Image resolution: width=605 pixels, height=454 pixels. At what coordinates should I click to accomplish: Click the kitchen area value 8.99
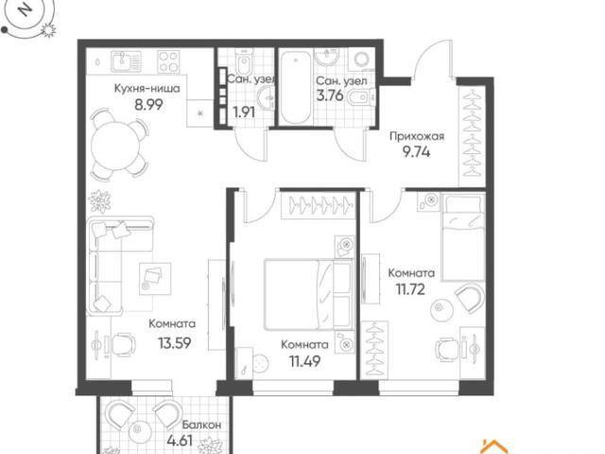pyautogui.click(x=148, y=104)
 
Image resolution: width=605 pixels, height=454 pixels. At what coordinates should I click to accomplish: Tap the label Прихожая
pyautogui.click(x=417, y=136)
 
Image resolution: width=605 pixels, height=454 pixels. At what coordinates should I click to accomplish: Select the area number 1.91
pyautogui.click(x=244, y=113)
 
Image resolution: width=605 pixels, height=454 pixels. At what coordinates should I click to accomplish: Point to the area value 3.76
pyautogui.click(x=330, y=95)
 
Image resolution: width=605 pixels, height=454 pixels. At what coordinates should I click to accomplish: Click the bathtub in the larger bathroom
pyautogui.click(x=296, y=87)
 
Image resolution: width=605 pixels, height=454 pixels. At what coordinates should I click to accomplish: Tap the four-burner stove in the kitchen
pyautogui.click(x=168, y=61)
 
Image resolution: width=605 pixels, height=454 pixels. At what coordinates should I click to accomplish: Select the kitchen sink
pyautogui.click(x=126, y=61)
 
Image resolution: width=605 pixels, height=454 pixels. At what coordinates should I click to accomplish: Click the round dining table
pyautogui.click(x=114, y=146)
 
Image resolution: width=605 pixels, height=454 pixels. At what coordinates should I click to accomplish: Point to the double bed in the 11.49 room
pyautogui.click(x=308, y=294)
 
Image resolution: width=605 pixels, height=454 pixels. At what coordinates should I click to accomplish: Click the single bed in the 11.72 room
pyautogui.click(x=463, y=237)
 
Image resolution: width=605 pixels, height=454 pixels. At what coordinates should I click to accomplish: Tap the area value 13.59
pyautogui.click(x=175, y=342)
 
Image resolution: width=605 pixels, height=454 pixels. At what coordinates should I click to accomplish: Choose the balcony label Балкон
pyautogui.click(x=201, y=425)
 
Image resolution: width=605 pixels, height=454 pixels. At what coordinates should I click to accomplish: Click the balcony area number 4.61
pyautogui.click(x=180, y=440)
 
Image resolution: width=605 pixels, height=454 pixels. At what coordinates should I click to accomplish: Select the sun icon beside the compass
pyautogui.click(x=48, y=29)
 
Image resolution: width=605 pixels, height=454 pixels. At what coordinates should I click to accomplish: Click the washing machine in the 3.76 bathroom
pyautogui.click(x=362, y=60)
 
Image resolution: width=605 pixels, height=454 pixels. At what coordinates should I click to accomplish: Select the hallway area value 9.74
pyautogui.click(x=417, y=151)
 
